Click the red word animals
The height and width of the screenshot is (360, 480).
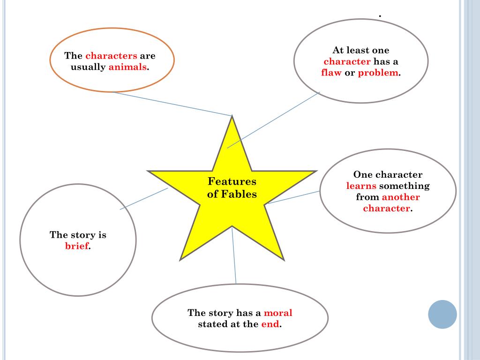(127, 67)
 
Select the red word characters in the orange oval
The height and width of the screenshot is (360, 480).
(111, 56)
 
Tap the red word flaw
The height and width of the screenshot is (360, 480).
(331, 73)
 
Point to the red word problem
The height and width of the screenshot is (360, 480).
(378, 73)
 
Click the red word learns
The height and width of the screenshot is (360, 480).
(361, 186)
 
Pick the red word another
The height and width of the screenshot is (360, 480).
(401, 197)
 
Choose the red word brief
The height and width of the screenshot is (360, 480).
(77, 246)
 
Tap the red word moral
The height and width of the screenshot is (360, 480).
(278, 313)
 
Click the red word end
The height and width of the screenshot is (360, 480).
(270, 324)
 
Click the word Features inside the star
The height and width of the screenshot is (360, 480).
(232, 181)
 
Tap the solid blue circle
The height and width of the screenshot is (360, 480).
(442, 314)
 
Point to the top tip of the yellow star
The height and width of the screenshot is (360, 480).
(232, 118)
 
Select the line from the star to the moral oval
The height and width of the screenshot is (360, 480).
(234, 255)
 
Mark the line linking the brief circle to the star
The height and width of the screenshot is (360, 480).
(143, 199)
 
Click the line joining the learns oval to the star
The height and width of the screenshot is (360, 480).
(292, 197)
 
